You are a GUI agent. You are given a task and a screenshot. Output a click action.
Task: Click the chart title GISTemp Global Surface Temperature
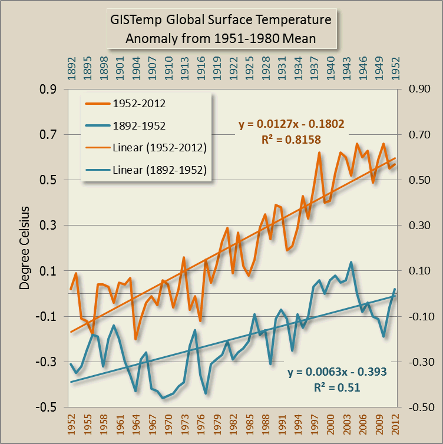(x=221, y=21)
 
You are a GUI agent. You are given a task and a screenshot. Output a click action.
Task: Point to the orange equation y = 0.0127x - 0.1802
(x=291, y=124)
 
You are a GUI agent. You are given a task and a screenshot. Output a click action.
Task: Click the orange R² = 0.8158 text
(x=291, y=140)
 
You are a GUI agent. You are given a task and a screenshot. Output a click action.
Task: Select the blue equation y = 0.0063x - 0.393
(x=338, y=373)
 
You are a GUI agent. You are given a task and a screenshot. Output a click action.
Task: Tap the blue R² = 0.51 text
(x=338, y=387)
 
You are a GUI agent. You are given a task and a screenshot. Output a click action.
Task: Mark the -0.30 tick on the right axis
(x=415, y=362)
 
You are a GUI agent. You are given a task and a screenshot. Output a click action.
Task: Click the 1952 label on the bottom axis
(x=71, y=425)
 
